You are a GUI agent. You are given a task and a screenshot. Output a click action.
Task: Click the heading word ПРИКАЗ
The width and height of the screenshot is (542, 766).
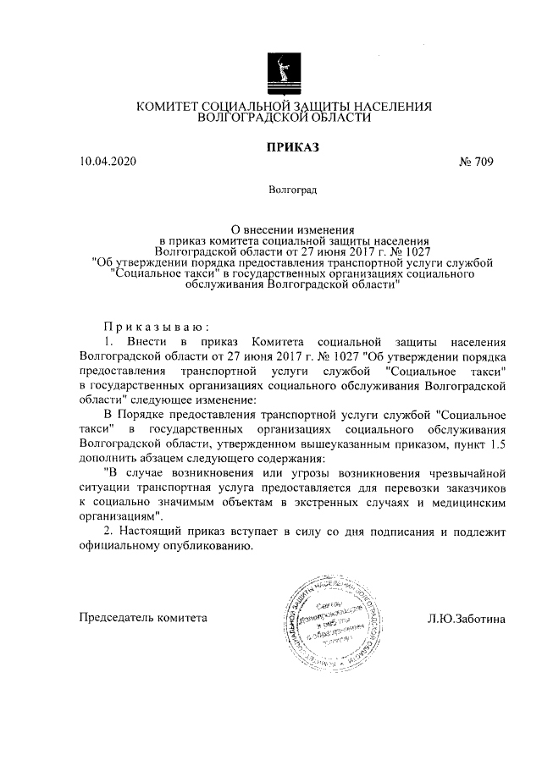pos(291,148)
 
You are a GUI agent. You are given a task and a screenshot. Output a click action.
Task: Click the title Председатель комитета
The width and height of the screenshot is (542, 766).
pos(142,618)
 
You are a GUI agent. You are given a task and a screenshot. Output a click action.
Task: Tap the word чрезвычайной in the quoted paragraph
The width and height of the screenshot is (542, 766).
pos(467,472)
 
